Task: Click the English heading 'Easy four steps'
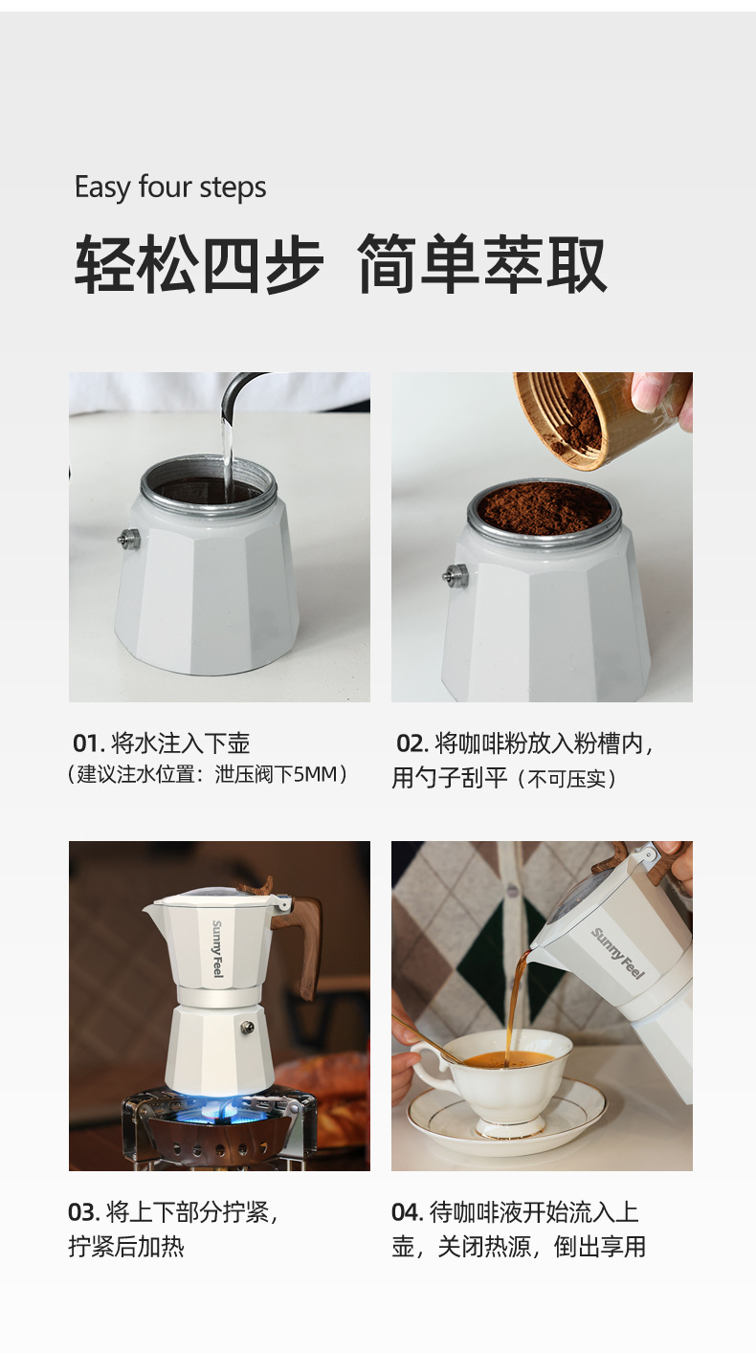[x=170, y=187]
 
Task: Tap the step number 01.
[x=86, y=743]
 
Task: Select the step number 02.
[x=411, y=743]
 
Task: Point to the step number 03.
[x=83, y=1212]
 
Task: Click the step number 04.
[x=407, y=1212]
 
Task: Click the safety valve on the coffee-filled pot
[x=456, y=575]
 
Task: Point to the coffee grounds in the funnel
[x=544, y=508]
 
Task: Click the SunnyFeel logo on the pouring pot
[x=618, y=953]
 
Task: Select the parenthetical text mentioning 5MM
[x=210, y=774]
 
